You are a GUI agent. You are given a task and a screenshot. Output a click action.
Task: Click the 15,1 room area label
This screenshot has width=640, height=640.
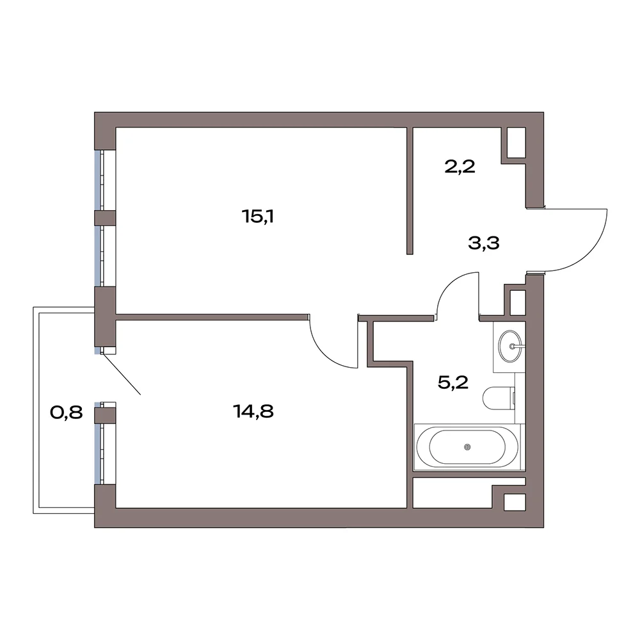[x=257, y=216]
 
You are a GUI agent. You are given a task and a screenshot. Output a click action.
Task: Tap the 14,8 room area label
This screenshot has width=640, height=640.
[x=253, y=411]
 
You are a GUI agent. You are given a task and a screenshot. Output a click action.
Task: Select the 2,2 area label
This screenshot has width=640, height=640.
[x=460, y=167]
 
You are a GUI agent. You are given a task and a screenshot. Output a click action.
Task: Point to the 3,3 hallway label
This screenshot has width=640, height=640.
[x=484, y=243]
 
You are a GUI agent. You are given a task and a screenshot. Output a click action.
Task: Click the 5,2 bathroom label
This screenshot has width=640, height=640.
[x=453, y=382]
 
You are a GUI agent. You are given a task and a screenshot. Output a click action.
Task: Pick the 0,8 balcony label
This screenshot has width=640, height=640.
[x=66, y=413]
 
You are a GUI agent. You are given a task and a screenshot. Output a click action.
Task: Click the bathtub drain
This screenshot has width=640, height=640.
[x=468, y=447]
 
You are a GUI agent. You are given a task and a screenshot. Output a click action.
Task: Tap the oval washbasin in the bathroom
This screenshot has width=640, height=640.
[x=511, y=347]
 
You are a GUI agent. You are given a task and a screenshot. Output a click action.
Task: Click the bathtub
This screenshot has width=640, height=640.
[x=468, y=447]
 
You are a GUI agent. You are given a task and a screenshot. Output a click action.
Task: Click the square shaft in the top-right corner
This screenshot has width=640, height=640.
[x=516, y=143]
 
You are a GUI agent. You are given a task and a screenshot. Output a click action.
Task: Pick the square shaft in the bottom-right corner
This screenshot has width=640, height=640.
[x=515, y=502]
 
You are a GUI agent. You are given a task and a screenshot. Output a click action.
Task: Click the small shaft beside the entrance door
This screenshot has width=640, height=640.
[x=518, y=302]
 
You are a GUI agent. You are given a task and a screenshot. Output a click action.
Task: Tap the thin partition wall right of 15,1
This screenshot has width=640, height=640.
[x=410, y=191]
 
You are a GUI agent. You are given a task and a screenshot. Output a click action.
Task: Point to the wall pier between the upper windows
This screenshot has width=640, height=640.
[x=105, y=218]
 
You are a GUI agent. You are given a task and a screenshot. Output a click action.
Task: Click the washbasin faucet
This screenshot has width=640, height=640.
[x=515, y=347]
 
